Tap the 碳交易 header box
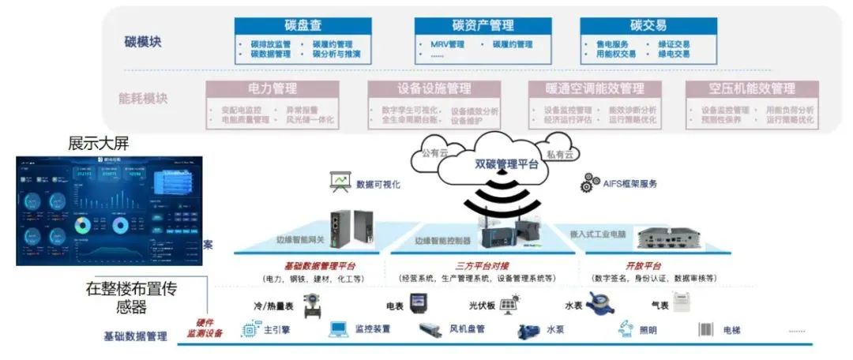(648, 25)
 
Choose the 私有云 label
(558, 154)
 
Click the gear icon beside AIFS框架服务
(590, 182)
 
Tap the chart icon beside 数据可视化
(340, 182)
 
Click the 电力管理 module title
(272, 88)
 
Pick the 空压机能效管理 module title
(751, 88)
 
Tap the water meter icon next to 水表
(599, 304)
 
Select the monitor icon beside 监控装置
(339, 329)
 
